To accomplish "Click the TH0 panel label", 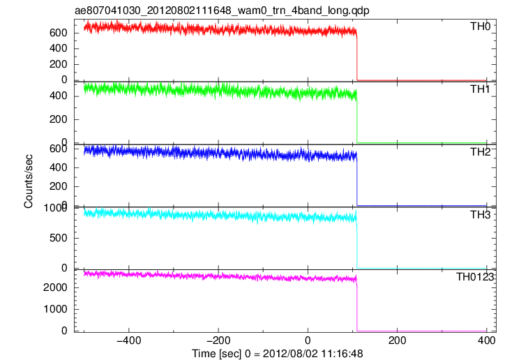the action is coord(480,26).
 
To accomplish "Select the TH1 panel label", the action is coord(480,89).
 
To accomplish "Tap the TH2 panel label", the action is coord(480,152).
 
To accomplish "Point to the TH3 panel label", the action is coord(480,215).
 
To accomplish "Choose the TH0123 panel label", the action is coord(475,277).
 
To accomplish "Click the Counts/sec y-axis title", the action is coord(29,181).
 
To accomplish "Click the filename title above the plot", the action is coord(222,10).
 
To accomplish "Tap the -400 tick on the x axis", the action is coord(129,340).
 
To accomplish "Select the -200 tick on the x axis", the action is coord(218,340).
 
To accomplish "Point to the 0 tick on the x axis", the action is coord(308,340).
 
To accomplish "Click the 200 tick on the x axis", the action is coord(398,340).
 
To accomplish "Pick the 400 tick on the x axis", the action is coord(487,340).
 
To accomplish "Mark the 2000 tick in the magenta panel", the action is coord(55,287).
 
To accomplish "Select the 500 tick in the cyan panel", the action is coord(59,238).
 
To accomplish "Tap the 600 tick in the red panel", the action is coord(59,33).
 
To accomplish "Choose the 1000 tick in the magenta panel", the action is coord(55,309).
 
